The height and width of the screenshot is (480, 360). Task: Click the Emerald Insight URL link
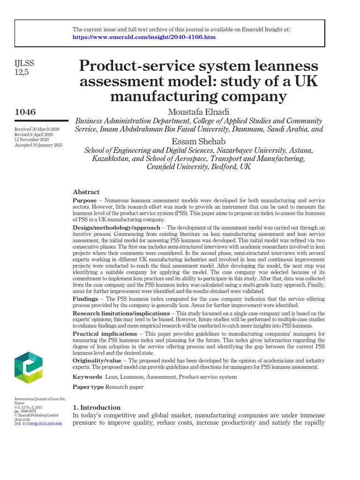[144, 37]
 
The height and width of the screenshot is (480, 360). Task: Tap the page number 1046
[25, 112]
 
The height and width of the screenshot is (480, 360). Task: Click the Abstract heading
[86, 192]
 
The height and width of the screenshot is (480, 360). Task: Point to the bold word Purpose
[85, 201]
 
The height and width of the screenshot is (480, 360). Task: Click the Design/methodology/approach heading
[117, 228]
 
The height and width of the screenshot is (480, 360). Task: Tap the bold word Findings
[86, 299]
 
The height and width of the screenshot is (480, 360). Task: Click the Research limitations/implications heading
[121, 313]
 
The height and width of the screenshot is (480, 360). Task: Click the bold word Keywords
[87, 377]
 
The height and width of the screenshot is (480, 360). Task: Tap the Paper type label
[88, 387]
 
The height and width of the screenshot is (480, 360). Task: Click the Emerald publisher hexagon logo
[29, 368]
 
